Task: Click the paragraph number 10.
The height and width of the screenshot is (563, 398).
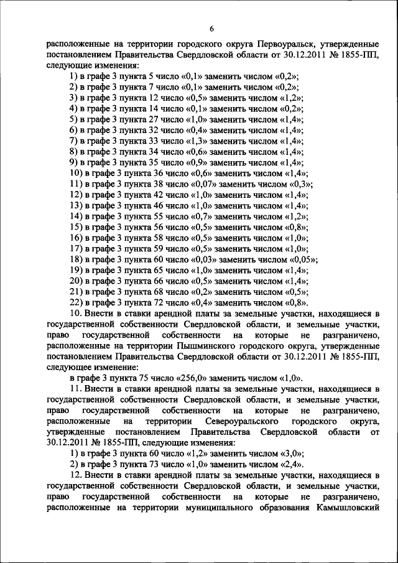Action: tap(75, 313)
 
